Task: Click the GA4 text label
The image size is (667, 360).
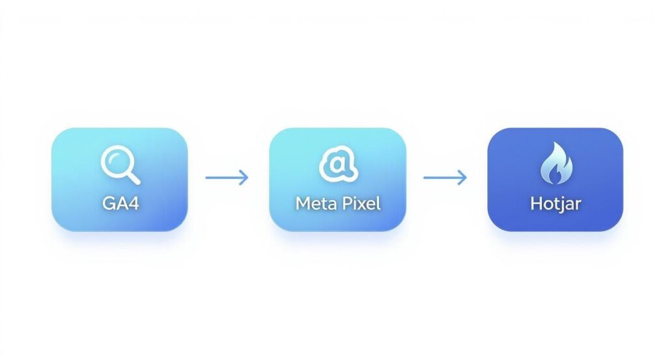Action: (x=121, y=202)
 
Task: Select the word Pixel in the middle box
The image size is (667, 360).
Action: (x=359, y=202)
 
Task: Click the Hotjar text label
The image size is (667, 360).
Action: (x=555, y=202)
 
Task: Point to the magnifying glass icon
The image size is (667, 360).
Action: (x=121, y=164)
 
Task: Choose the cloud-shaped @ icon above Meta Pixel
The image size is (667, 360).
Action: (x=338, y=164)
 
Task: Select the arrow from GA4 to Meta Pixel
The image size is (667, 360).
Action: (x=227, y=177)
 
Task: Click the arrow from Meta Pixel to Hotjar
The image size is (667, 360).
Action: (x=445, y=177)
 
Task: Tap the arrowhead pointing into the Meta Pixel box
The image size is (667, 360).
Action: (x=244, y=177)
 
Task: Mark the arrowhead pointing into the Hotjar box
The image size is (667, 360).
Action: (x=462, y=177)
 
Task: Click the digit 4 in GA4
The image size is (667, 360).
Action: (x=134, y=202)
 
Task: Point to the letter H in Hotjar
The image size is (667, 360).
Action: (x=535, y=202)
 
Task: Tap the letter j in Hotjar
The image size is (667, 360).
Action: (x=561, y=204)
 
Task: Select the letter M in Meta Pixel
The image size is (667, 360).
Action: (x=303, y=202)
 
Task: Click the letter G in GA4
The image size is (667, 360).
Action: (x=109, y=202)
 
